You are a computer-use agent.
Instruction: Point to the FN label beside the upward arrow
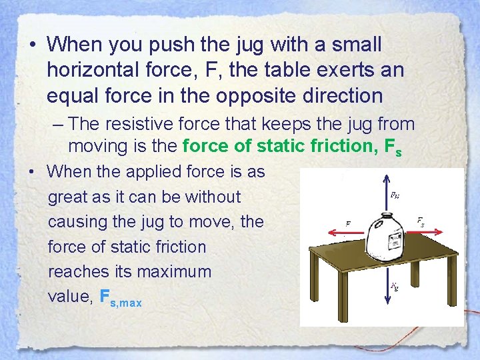click(x=395, y=196)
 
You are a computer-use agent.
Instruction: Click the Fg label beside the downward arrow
click(x=395, y=287)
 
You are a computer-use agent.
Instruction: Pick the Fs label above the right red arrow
click(x=421, y=220)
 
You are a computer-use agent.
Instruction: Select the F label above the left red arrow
click(x=347, y=224)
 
